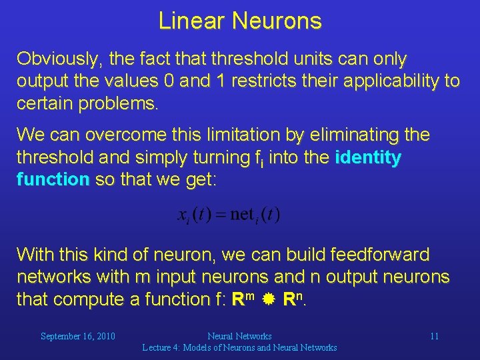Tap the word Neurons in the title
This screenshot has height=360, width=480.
click(277, 21)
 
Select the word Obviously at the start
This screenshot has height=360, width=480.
click(58, 59)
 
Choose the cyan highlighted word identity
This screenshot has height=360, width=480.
click(369, 157)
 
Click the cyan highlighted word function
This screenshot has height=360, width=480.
click(53, 180)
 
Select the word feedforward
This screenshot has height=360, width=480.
click(372, 255)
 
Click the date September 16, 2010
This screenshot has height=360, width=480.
click(78, 336)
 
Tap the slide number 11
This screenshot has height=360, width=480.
click(434, 336)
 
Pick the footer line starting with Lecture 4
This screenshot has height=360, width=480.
click(239, 347)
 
